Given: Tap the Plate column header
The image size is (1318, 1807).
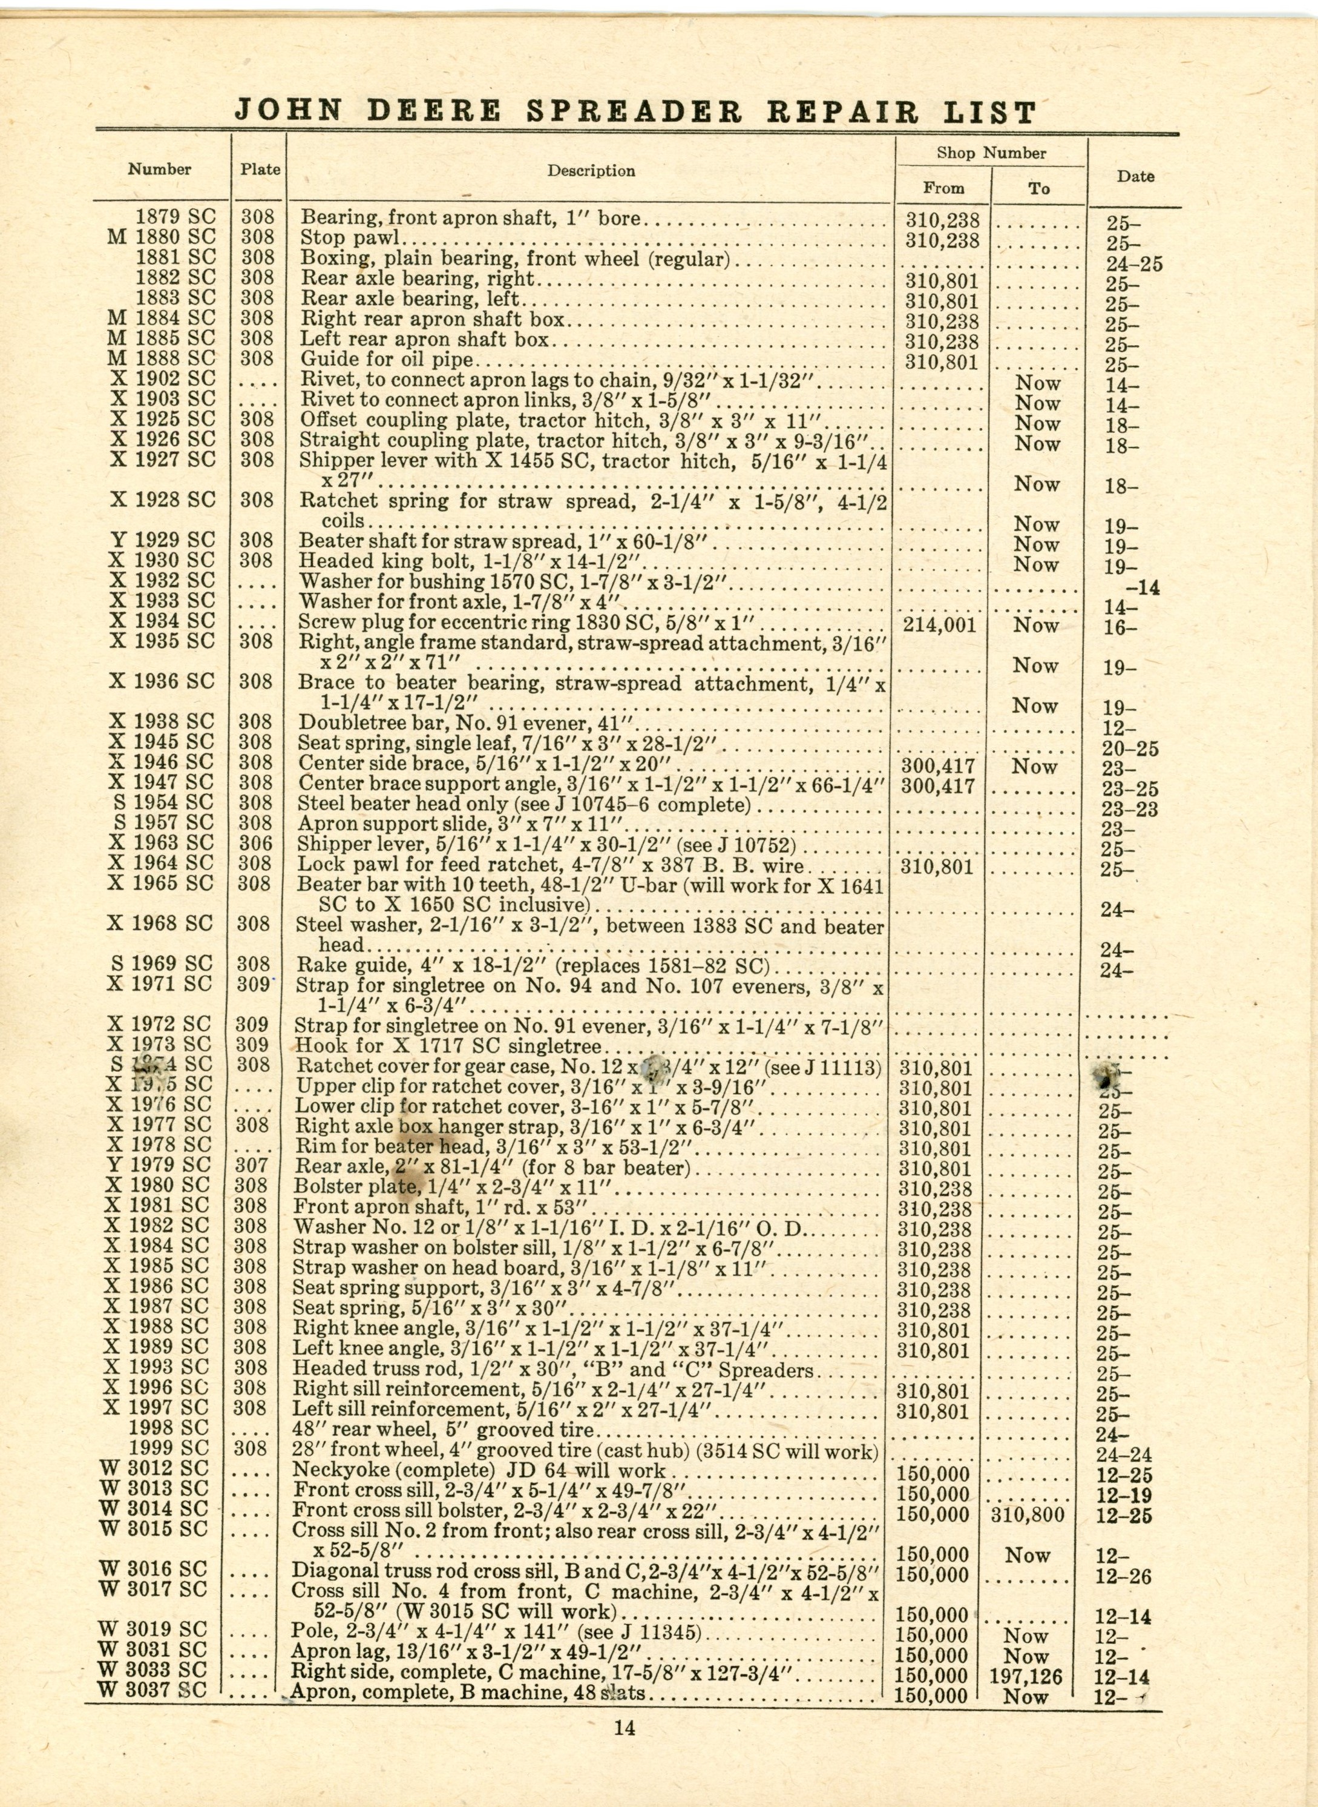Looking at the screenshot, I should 260,169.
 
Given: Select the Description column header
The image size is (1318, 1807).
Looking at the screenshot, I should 591,171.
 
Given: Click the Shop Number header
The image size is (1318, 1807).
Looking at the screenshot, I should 991,153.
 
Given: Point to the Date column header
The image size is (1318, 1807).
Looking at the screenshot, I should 1135,176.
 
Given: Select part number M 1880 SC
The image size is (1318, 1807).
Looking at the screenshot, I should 162,237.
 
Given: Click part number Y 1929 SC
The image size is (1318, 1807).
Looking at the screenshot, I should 162,540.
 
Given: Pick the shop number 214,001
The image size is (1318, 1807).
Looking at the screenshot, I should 940,624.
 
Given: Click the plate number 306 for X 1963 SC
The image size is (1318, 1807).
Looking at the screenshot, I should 255,843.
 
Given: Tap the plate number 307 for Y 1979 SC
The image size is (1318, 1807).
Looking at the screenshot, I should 251,1165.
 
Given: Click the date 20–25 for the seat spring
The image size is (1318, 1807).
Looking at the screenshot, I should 1130,748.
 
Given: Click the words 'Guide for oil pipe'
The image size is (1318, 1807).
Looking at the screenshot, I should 387,359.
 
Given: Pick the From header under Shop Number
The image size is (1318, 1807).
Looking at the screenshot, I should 944,188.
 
